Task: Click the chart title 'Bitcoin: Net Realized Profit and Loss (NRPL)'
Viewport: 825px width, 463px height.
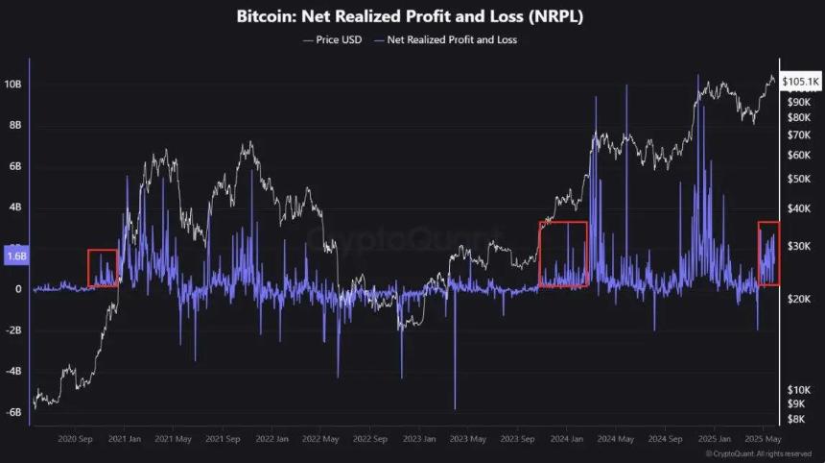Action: pyautogui.click(x=412, y=17)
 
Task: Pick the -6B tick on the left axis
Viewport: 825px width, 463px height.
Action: pyautogui.click(x=15, y=412)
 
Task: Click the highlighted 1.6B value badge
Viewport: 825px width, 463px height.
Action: pyautogui.click(x=15, y=256)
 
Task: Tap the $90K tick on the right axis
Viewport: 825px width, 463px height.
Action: pyautogui.click(x=798, y=101)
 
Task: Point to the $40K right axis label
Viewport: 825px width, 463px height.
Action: pyautogui.click(x=798, y=208)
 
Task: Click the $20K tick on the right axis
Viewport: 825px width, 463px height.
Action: pyautogui.click(x=798, y=300)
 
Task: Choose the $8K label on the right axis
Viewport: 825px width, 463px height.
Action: pyautogui.click(x=796, y=419)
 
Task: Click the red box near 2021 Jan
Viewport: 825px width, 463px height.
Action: pyautogui.click(x=103, y=268)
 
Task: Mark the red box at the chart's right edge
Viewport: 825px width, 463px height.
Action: pyautogui.click(x=768, y=254)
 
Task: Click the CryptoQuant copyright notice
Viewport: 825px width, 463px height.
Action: pyautogui.click(x=758, y=453)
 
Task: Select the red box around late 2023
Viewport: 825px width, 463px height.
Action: pyautogui.click(x=563, y=255)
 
